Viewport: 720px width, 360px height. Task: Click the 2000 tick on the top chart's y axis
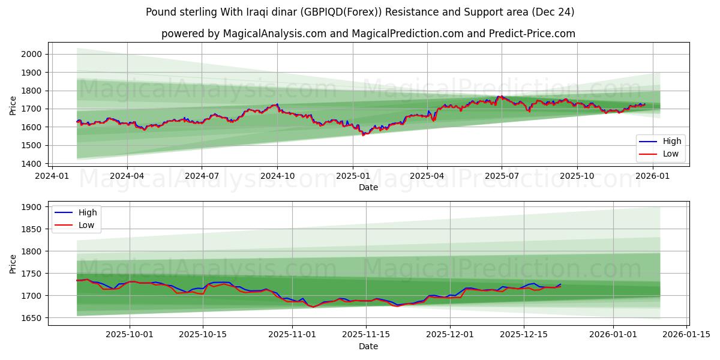(x=31, y=54)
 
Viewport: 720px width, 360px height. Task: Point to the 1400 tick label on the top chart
(x=31, y=164)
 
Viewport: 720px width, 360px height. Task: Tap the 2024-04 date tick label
(x=127, y=176)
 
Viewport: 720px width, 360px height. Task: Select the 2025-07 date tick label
(x=502, y=176)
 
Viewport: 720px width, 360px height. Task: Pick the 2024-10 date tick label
(x=277, y=176)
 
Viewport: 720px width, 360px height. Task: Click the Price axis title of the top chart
(x=13, y=106)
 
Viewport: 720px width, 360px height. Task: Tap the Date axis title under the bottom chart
(x=368, y=346)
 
